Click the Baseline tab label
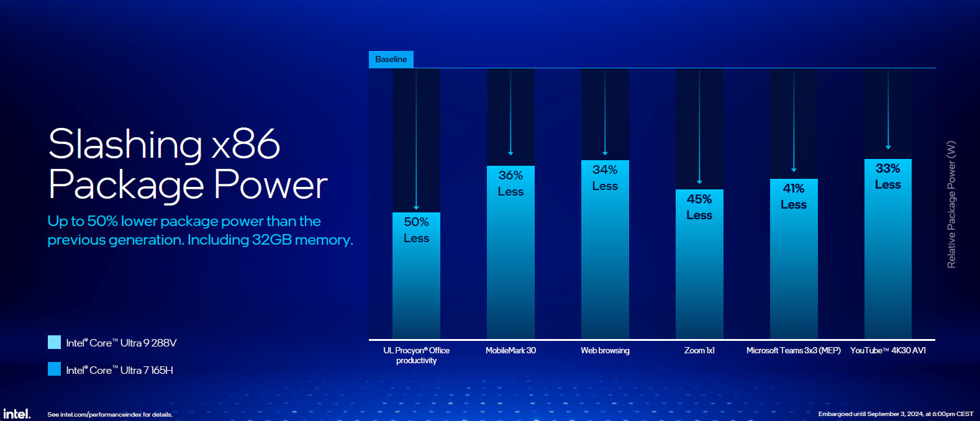tap(391, 59)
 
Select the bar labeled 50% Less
tap(416, 275)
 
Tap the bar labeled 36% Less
tap(510, 252)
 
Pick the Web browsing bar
tap(605, 250)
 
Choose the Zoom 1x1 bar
tap(699, 264)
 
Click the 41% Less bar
tap(794, 259)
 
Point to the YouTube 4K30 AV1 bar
tap(887, 248)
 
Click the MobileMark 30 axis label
tap(510, 351)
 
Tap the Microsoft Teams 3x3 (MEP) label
tap(794, 351)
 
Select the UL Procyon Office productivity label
tap(416, 355)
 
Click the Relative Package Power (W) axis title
tap(951, 204)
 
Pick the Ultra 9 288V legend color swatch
tap(54, 342)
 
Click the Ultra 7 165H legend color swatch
tap(54, 369)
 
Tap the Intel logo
tap(17, 414)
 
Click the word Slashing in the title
tap(125, 145)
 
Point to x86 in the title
tap(246, 145)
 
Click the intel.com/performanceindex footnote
tap(110, 414)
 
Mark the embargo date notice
tap(896, 414)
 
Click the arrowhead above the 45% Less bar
tap(699, 181)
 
